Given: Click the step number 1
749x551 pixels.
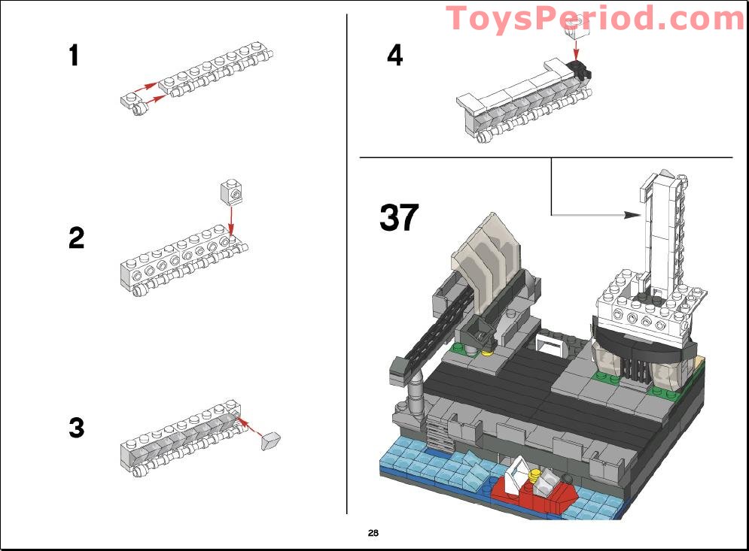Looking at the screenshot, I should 74,56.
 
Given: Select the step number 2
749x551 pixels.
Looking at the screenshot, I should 76,238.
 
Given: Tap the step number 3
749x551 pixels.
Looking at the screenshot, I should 76,428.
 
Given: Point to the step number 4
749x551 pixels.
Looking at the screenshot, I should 395,55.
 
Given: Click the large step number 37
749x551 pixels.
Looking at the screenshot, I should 398,218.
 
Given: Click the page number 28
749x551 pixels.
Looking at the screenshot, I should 373,533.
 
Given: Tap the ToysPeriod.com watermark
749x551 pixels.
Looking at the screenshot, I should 595,18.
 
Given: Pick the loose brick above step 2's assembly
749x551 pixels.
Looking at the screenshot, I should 231,192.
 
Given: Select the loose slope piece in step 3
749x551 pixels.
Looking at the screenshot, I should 269,440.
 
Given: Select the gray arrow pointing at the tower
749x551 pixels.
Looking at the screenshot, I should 587,214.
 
